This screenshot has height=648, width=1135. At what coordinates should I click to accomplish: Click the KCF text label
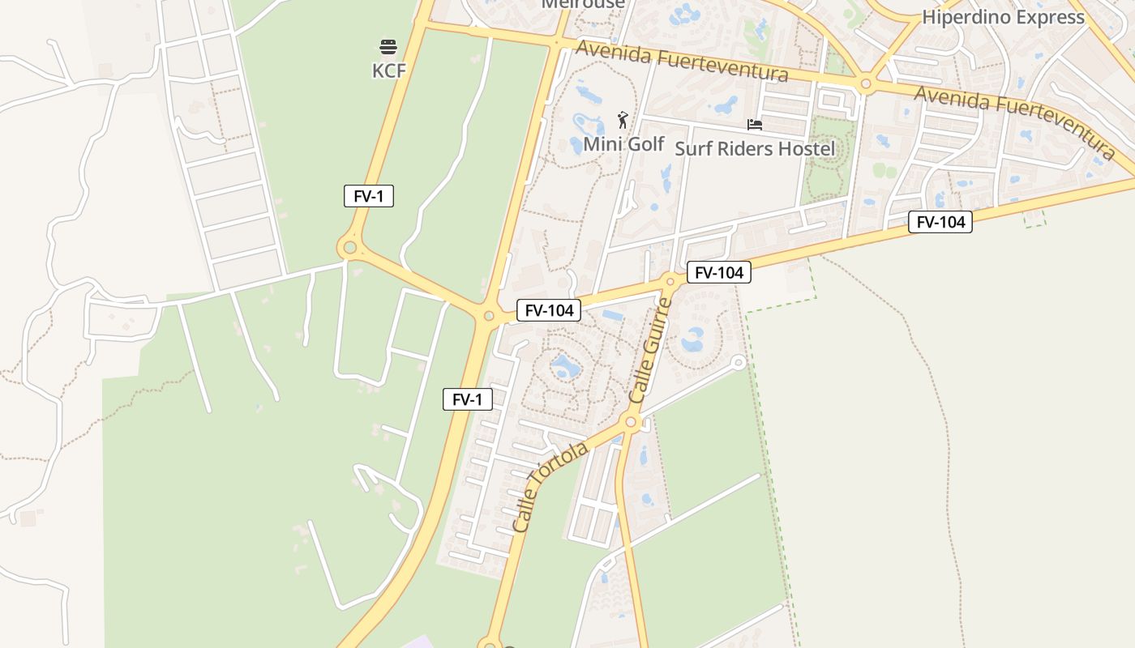point(388,71)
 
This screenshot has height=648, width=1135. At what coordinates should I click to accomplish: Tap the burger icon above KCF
point(388,46)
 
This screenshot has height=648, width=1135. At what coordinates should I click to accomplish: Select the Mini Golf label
point(623,144)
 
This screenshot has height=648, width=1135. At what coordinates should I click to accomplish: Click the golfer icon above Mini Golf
point(623,120)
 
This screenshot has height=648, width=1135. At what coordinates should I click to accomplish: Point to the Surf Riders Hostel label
point(754,149)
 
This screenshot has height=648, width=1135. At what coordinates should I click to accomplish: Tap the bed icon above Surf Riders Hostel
point(755,125)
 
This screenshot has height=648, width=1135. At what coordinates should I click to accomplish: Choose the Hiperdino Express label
point(1003,17)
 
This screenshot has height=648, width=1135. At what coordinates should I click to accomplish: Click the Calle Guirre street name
point(651,351)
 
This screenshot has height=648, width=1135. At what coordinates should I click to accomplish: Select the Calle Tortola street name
point(550,487)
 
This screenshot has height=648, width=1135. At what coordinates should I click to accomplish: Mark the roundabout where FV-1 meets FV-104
point(489,316)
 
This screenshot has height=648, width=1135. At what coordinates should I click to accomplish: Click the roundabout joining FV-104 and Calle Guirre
point(670,282)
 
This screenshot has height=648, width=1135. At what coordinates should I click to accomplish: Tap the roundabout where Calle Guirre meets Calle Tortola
point(632,421)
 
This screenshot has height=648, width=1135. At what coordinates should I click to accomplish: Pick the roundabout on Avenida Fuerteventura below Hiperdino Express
point(866,83)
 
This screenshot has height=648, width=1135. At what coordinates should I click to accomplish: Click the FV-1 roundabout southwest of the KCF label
point(350,247)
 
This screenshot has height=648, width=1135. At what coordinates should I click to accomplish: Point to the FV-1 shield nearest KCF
point(369,196)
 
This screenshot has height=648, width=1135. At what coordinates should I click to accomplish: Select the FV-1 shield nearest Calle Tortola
point(468,399)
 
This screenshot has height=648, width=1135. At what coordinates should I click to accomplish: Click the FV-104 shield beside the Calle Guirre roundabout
point(719,273)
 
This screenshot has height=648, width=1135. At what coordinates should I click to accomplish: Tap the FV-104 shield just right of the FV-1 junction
point(549,310)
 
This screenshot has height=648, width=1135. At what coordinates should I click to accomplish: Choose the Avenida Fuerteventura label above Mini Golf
point(681,62)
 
